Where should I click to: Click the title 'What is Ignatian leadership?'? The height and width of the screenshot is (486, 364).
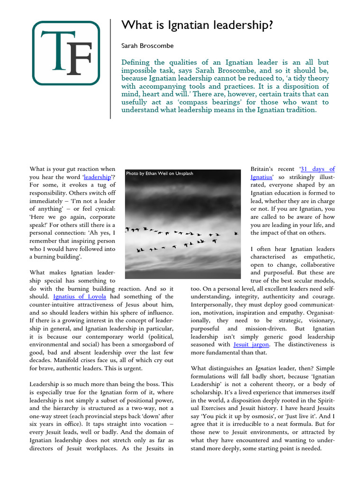pyautogui.click(x=197, y=25)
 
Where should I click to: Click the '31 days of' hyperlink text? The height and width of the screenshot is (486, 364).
pyautogui.click(x=318, y=169)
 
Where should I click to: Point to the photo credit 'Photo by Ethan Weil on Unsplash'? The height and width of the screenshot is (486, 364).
pyautogui.click(x=159, y=174)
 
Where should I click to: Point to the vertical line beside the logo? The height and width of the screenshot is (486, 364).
pyautogui.click(x=110, y=69)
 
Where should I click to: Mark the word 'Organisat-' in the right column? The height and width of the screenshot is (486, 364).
pyautogui.click(x=318, y=312)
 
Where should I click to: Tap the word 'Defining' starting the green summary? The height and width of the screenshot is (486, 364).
pyautogui.click(x=136, y=63)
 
